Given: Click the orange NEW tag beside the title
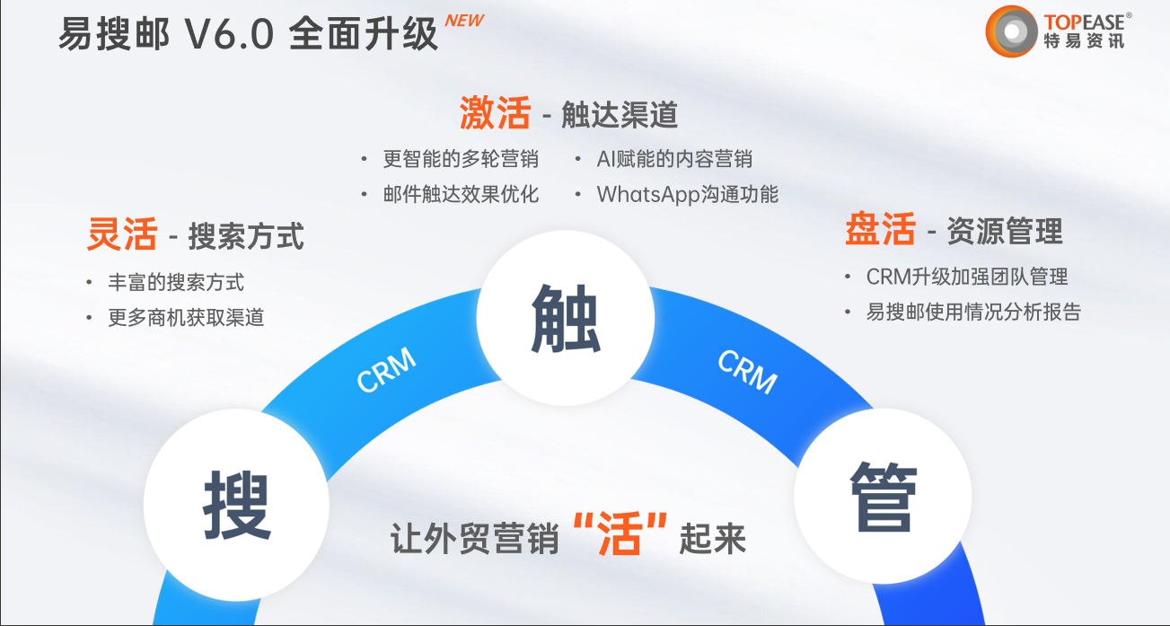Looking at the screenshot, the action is [464, 21].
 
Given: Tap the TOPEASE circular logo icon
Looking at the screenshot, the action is [1011, 31].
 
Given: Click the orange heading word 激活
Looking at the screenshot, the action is [495, 112].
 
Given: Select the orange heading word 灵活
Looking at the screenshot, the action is [122, 234].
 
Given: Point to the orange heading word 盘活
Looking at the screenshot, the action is [880, 229].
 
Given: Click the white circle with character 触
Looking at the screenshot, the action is [565, 318].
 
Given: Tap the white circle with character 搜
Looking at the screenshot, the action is [236, 504].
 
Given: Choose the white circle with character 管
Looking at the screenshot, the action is [883, 497].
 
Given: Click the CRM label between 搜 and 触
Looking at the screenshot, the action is [386, 369].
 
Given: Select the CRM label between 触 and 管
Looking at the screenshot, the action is [747, 371].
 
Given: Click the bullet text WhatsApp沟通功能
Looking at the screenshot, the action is [688, 194].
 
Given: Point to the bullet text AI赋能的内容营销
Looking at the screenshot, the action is [674, 159].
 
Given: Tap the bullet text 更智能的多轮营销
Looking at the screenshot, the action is [461, 159].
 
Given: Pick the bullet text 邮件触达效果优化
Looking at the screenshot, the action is [461, 194].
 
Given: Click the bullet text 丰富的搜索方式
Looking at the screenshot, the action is [176, 282].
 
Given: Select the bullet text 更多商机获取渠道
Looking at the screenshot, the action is [186, 317].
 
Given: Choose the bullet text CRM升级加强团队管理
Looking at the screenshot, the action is [967, 277].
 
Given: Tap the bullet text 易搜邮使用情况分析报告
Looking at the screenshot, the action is [973, 312].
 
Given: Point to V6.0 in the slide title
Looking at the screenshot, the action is [230, 34].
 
